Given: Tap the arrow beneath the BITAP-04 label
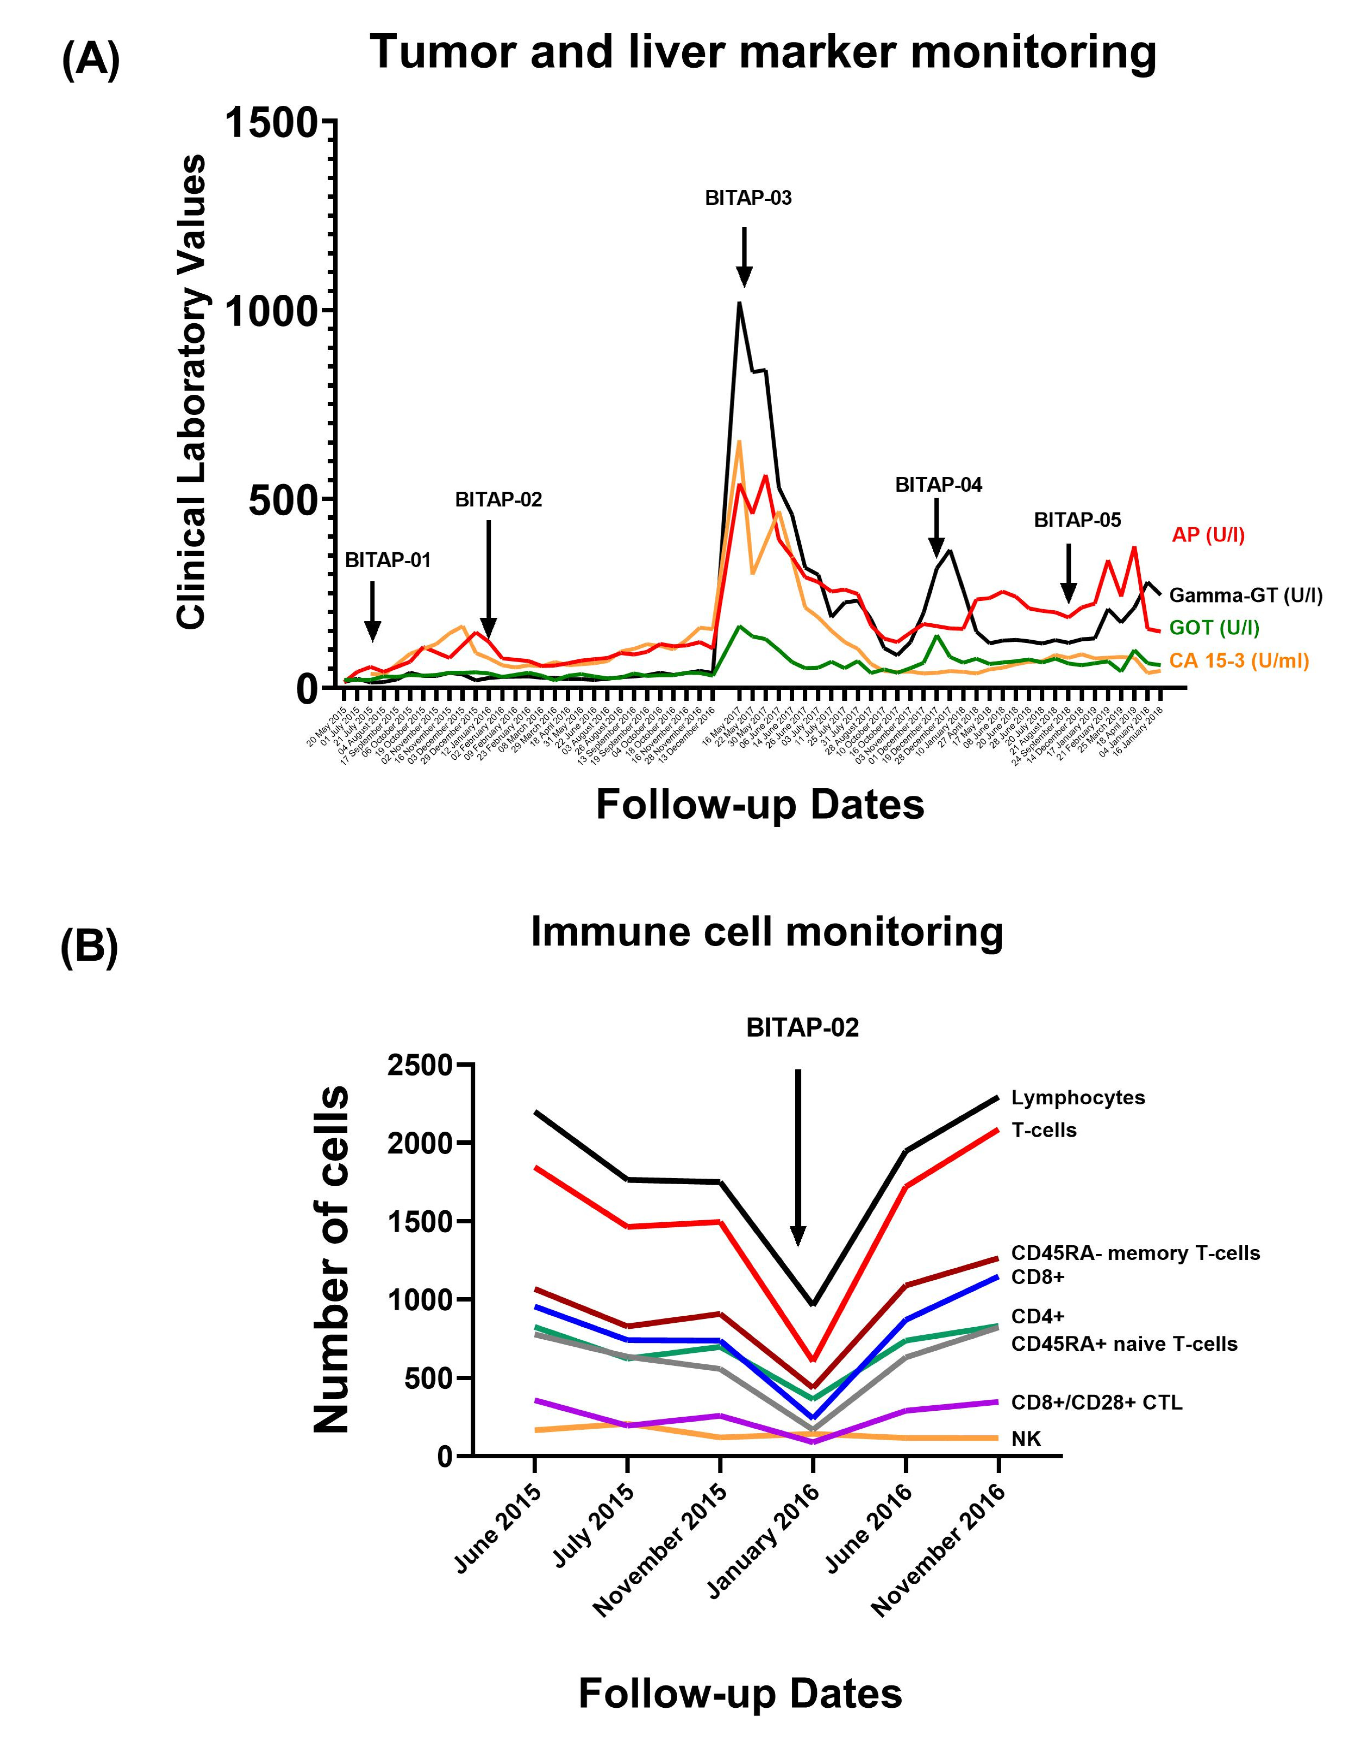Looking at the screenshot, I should [936, 528].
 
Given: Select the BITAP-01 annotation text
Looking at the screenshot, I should [388, 560].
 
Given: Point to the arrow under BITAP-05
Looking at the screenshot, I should [1068, 574].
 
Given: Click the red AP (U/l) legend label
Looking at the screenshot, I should [1208, 535].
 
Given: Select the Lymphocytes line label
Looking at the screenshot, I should [1078, 1097].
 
